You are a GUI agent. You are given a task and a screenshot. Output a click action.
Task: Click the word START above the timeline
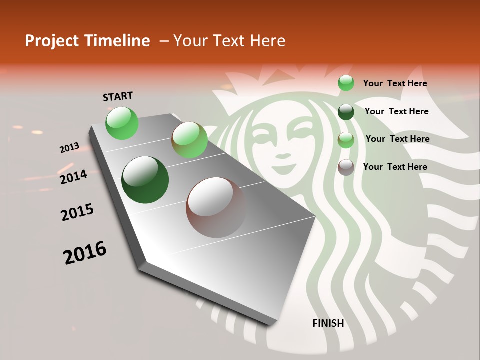coord(118,96)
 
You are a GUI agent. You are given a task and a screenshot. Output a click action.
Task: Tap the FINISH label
coord(328,323)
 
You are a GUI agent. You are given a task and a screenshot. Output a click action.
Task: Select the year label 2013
coord(69,148)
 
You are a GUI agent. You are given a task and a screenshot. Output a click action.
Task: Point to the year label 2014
coord(73,177)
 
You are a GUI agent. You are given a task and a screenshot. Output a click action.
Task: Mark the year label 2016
coord(85,252)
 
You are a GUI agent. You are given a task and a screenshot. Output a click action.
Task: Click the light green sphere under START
coord(122,123)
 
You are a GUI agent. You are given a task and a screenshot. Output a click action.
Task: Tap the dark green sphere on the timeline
coord(145,180)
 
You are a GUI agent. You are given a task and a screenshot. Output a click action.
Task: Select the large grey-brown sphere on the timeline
coord(216,207)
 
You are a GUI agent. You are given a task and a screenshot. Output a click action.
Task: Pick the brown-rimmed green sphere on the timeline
coord(189,140)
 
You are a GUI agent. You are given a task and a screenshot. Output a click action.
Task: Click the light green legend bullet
coord(346,83)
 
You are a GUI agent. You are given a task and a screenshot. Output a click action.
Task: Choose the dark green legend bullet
coord(346,112)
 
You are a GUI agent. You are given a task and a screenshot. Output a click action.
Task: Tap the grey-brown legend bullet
coord(346,167)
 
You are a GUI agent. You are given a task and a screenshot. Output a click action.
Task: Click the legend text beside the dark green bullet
coord(396,111)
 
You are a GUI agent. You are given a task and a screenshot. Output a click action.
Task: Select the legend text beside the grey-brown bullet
coord(395,167)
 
